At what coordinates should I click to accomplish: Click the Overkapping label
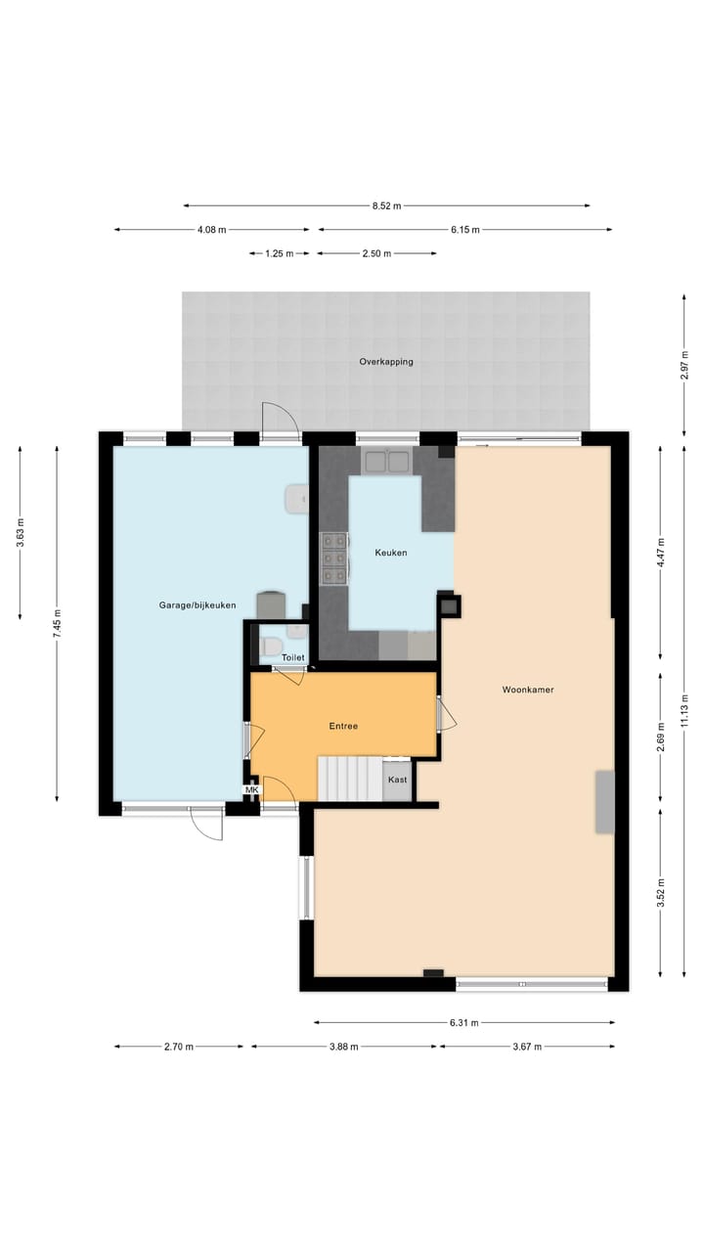[386, 362]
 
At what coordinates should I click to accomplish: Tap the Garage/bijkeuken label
[198, 605]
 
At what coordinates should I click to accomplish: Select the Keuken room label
[391, 553]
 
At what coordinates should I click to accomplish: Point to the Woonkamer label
[528, 690]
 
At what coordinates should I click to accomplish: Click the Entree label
[342, 726]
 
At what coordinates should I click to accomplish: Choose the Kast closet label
[397, 780]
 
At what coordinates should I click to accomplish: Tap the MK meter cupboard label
[251, 790]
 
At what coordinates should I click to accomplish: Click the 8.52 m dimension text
[386, 205]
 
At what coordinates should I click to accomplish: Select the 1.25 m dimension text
[279, 253]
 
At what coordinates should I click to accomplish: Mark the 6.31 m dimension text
[463, 1023]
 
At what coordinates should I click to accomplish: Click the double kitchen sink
[386, 461]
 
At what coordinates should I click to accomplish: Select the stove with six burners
[333, 558]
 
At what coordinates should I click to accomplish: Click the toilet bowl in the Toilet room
[271, 646]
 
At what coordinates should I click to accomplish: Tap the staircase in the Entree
[349, 779]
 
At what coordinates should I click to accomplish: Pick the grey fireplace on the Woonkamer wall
[605, 802]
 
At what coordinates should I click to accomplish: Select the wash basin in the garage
[296, 499]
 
